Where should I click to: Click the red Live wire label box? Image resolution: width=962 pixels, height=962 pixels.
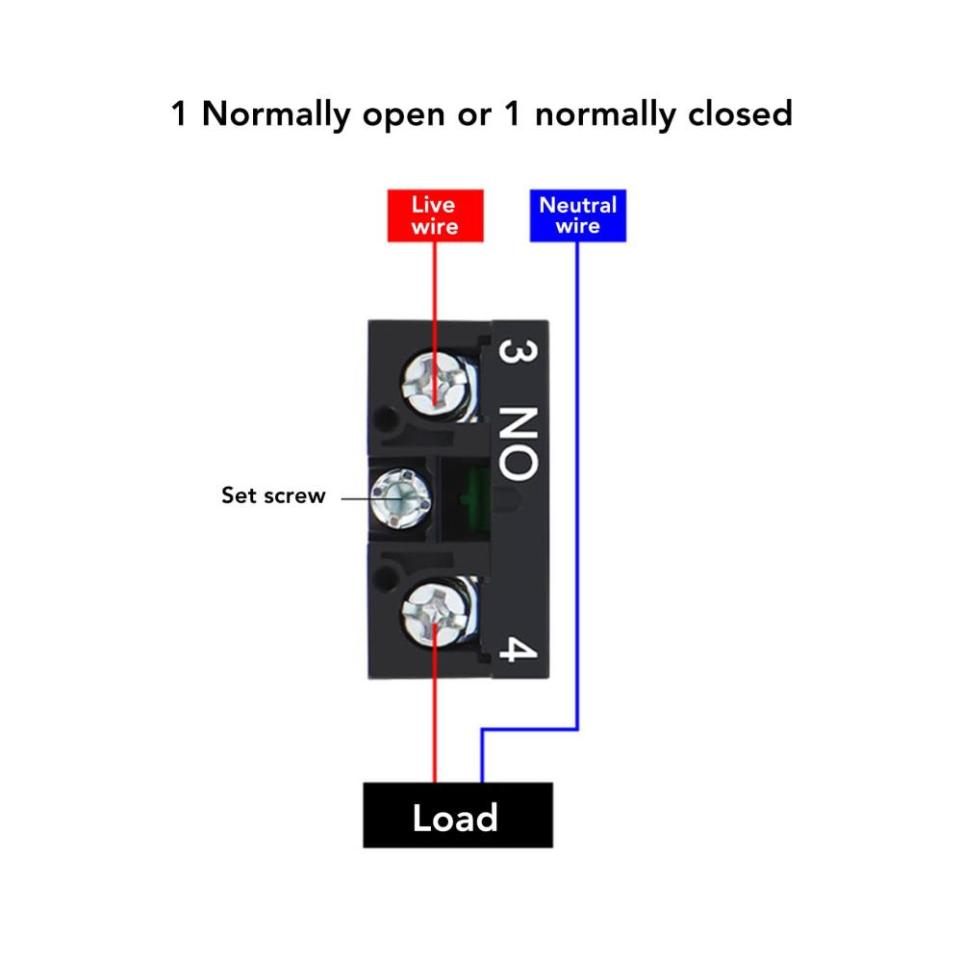tap(435, 215)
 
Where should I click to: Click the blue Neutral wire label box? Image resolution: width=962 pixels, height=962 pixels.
tap(577, 215)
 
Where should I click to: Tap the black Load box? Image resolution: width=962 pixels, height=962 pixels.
tap(458, 815)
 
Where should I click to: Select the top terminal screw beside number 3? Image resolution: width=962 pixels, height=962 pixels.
tap(435, 385)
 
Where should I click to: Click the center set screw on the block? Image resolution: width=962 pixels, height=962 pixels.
tap(400, 498)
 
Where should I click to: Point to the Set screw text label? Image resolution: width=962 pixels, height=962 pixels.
tap(273, 495)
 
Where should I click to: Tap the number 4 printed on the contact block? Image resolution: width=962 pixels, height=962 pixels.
tap(518, 649)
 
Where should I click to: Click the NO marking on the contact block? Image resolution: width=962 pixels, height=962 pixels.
tap(519, 443)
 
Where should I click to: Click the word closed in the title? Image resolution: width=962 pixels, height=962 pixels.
tap(740, 114)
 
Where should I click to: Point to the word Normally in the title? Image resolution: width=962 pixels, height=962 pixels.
tap(276, 114)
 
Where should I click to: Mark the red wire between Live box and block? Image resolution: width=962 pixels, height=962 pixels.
tap(435, 324)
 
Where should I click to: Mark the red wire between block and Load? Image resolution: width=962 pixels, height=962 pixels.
tap(435, 703)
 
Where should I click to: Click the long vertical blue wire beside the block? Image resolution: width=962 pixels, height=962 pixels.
tap(576, 485)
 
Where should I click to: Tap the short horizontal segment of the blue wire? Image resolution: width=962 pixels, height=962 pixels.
tap(529, 729)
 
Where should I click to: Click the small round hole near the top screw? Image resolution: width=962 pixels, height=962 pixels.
tap(386, 419)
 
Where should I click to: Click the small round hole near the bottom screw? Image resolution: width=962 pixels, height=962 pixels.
tap(385, 578)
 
